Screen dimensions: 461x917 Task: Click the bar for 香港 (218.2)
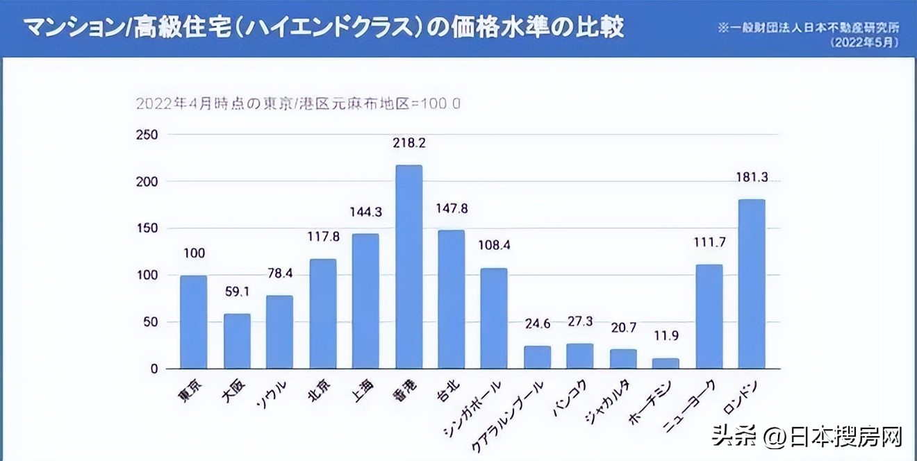[x=408, y=267]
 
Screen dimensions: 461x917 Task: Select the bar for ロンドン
[x=752, y=284]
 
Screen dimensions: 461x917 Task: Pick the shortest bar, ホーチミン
[x=666, y=363]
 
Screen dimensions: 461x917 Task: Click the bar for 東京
[x=194, y=322]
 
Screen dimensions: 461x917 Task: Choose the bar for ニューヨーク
[x=709, y=317]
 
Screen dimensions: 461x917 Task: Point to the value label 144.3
[x=365, y=211]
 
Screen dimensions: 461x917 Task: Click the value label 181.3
[x=752, y=177]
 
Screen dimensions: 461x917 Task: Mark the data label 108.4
[x=494, y=245]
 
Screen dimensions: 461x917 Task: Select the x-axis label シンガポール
[x=472, y=410]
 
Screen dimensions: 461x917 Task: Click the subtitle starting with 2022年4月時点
[x=298, y=103]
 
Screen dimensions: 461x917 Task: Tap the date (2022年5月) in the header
[x=864, y=42]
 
